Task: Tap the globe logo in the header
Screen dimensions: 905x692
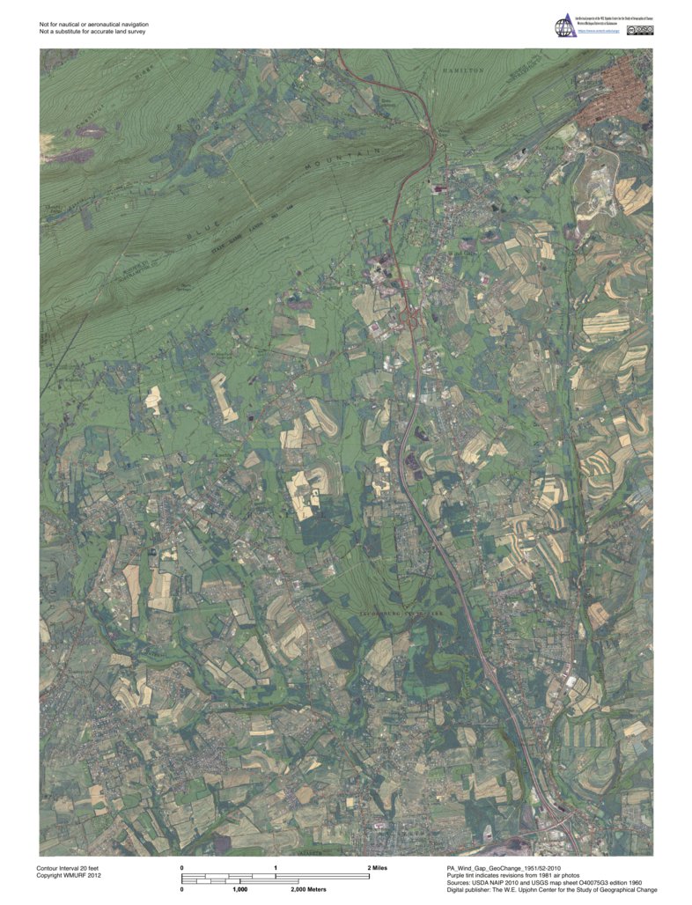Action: [563, 27]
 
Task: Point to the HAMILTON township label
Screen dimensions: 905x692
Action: [463, 70]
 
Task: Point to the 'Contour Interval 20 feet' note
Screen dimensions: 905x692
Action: [70, 867]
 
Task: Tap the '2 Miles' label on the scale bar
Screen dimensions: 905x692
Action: [377, 867]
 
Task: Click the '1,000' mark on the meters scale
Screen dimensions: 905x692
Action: [239, 889]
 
